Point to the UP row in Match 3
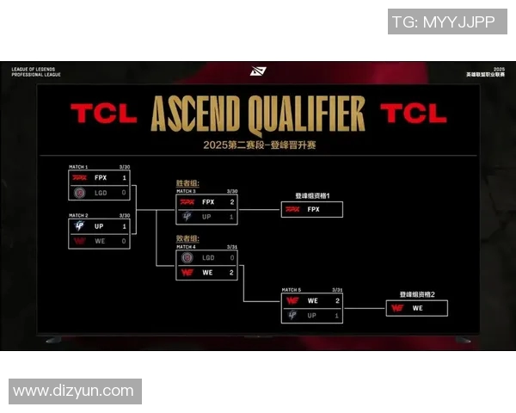pyautogui.click(x=206, y=217)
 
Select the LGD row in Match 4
pyautogui.click(x=206, y=257)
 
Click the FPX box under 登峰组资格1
pyautogui.click(x=312, y=209)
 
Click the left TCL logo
pyautogui.click(x=103, y=114)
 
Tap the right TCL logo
pyautogui.click(x=414, y=114)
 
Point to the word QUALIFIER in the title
pyautogui.click(x=309, y=113)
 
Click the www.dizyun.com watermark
pyautogui.click(x=74, y=391)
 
